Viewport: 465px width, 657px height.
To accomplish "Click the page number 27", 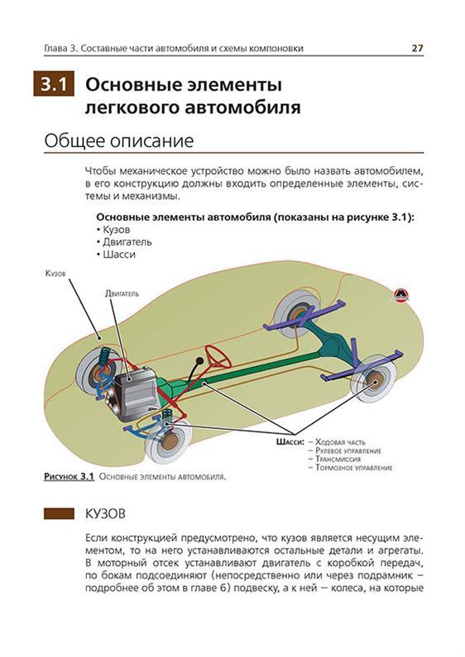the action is [417, 48].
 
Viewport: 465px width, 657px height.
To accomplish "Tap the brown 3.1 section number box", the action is [54, 84].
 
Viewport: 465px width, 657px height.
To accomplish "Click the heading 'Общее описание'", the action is [119, 140].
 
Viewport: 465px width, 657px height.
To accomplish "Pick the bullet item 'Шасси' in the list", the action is [119, 255].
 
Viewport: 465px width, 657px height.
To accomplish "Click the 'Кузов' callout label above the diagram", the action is [55, 274].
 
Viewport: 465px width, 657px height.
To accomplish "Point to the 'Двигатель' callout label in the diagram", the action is [122, 293].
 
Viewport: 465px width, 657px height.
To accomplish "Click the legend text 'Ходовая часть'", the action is [340, 442].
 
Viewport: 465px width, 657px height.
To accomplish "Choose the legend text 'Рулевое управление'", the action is [348, 451].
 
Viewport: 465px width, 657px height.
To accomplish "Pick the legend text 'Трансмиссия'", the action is [338, 459].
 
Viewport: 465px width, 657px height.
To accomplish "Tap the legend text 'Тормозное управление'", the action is [353, 468].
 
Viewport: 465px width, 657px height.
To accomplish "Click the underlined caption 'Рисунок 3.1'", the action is [69, 477].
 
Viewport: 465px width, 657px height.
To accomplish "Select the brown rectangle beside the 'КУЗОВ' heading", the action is [60, 514].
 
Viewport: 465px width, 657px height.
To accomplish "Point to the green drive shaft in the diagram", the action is [261, 367].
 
